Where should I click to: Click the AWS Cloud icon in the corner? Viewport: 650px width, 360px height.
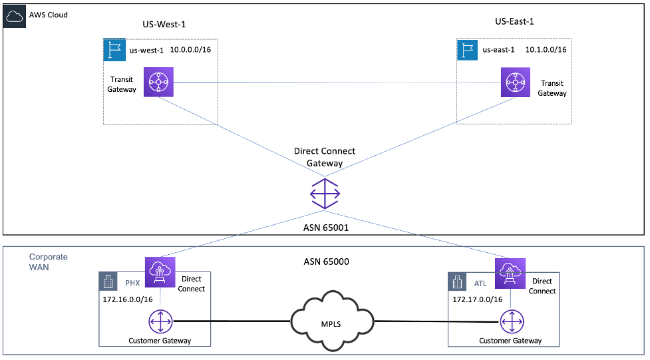tap(15, 16)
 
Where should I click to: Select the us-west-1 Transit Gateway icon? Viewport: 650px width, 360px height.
tap(158, 83)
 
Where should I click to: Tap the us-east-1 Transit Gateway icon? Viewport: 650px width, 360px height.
tap(515, 83)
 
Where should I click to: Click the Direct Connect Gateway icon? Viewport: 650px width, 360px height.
tap(325, 194)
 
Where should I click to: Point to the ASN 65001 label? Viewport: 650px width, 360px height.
tap(325, 228)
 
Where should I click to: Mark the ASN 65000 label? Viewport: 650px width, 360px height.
tap(325, 262)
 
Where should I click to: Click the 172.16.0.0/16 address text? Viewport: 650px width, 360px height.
tap(127, 299)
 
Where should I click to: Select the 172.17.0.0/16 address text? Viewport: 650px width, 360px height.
tap(478, 299)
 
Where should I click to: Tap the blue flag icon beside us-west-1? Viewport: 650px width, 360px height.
tap(114, 49)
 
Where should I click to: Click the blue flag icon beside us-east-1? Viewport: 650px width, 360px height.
tap(468, 49)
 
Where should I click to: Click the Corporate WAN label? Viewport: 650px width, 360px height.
tap(48, 262)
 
